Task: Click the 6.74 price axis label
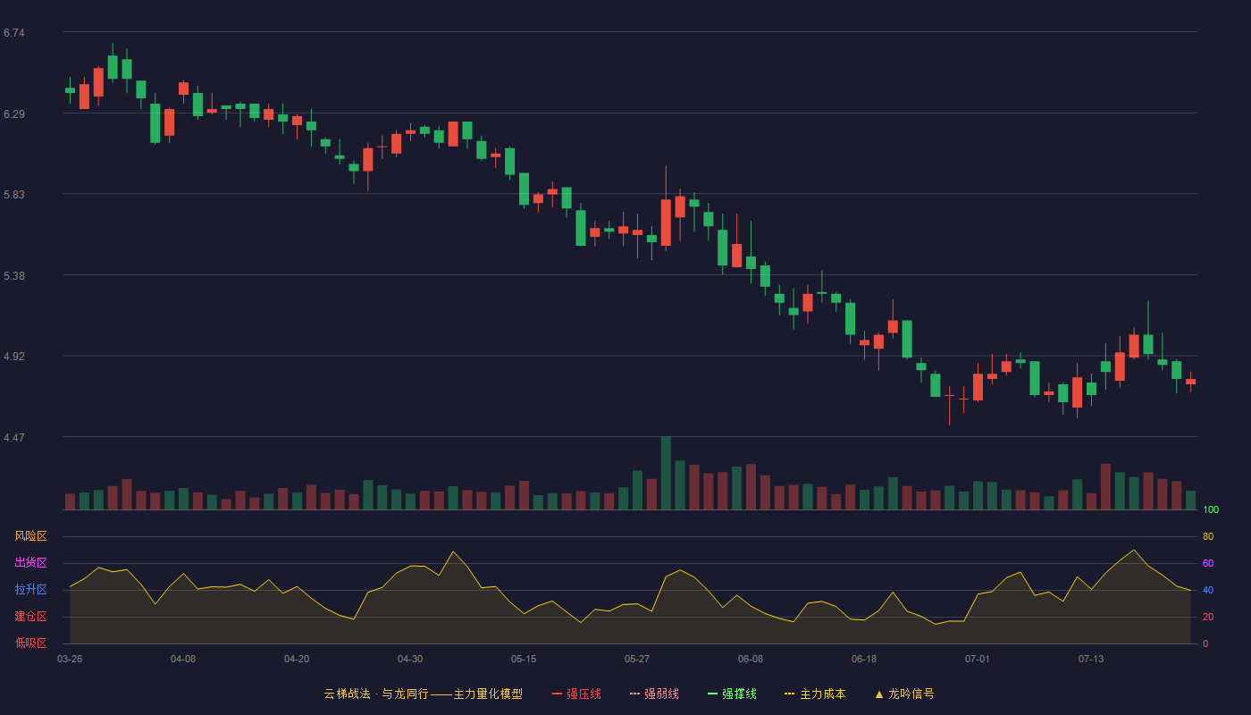14,33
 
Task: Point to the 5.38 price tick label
14,276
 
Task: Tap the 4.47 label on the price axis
14,438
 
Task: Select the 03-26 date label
70,660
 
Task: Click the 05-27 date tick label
636,660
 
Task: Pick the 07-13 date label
1091,660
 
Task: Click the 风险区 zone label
30,536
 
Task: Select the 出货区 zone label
30,562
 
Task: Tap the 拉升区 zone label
30,589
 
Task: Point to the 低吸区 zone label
30,643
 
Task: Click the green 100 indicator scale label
1211,509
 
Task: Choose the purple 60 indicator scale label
1208,563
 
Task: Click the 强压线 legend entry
576,694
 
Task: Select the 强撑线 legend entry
732,694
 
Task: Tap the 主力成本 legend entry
815,694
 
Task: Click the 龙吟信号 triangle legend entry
904,694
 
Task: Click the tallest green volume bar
666,473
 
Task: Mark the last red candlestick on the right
1190,382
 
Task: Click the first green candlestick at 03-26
70,90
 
